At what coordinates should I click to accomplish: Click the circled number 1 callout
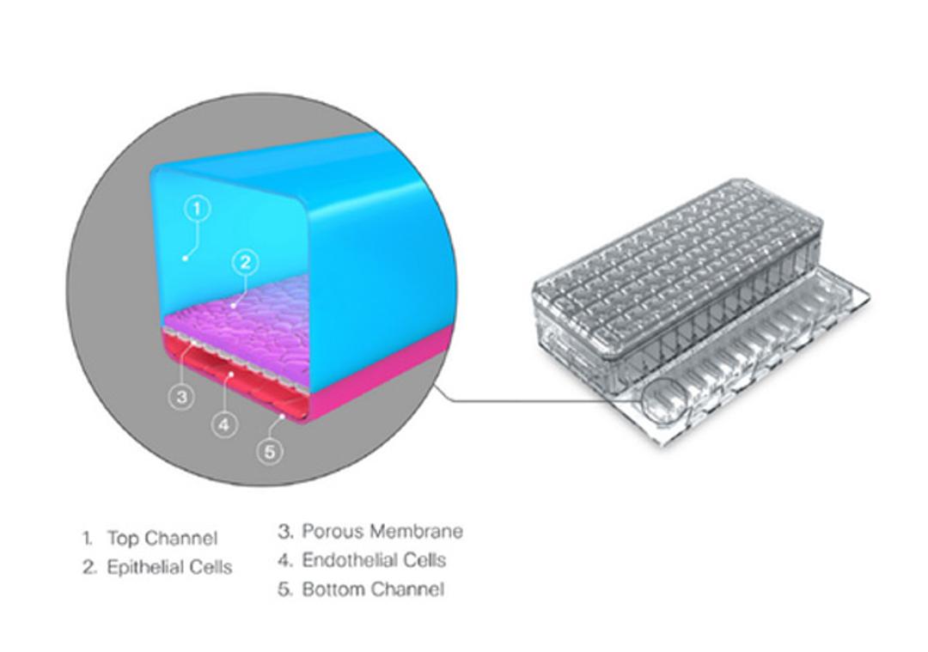point(198,208)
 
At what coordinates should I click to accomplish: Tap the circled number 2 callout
point(246,262)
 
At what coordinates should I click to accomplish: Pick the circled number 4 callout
point(223,423)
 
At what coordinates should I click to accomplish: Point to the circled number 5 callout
point(271,450)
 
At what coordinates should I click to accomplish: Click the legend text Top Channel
point(162,539)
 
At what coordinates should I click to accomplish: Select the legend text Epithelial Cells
point(168,568)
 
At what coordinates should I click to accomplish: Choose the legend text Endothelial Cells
point(374,560)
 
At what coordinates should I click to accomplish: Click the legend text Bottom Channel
point(373,589)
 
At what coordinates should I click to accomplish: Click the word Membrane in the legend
point(416,531)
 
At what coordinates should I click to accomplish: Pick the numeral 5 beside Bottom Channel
point(284,589)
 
